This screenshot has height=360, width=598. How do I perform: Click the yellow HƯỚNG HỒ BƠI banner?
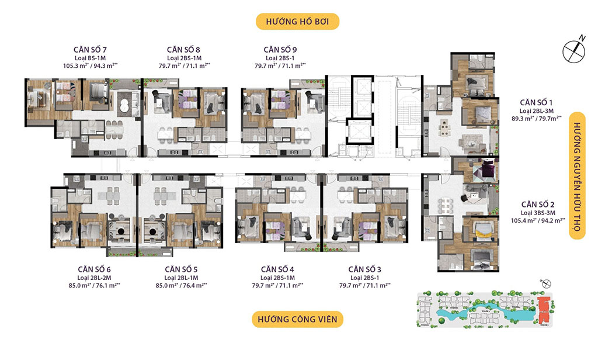tap(298, 22)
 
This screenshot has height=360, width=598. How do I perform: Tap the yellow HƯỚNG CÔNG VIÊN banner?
tap(298, 320)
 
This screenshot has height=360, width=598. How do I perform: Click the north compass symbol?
tap(573, 51)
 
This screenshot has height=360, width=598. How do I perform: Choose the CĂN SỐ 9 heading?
tap(280, 49)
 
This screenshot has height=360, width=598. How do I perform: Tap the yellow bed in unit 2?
tap(479, 228)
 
